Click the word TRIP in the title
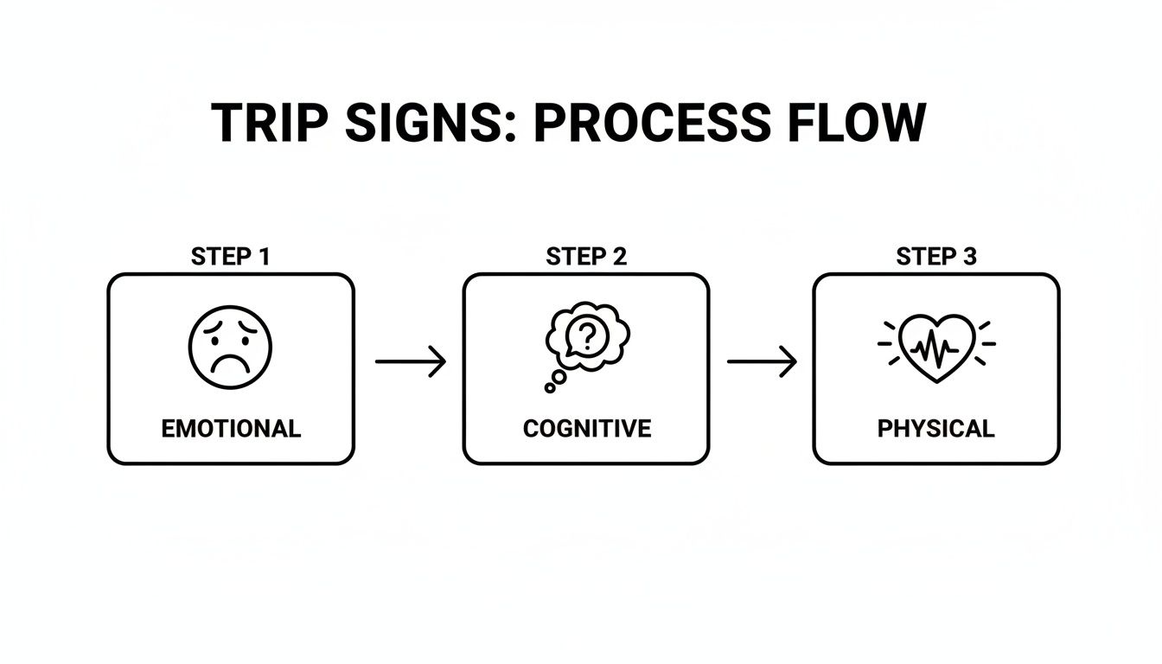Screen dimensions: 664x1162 tap(269, 123)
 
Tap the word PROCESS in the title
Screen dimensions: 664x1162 tap(651, 123)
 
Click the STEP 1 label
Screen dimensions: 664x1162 tap(231, 257)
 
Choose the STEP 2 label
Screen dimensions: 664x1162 tap(586, 257)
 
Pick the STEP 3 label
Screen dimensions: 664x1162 tap(936, 257)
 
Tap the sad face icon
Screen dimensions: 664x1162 tap(230, 347)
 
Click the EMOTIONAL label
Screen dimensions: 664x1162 tap(231, 428)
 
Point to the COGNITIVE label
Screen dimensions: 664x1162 tap(586, 428)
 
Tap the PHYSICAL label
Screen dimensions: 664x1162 tap(936, 428)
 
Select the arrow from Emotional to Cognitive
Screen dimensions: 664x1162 tap(411, 361)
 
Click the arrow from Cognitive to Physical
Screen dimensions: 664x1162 tap(762, 361)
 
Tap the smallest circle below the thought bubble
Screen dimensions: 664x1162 tap(549, 388)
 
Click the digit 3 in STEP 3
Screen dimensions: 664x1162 tap(970, 257)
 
